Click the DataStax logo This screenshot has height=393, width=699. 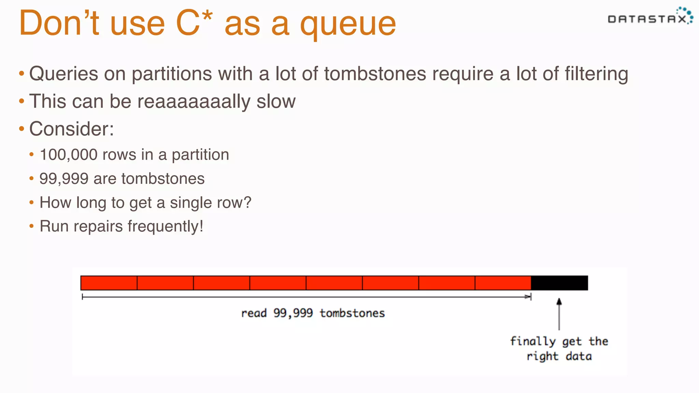[x=650, y=17]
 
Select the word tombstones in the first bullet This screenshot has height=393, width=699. [x=375, y=74]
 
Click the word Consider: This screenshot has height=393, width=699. [x=72, y=129]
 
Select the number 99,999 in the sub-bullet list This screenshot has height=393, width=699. [x=64, y=179]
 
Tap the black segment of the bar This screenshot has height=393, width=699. [x=559, y=283]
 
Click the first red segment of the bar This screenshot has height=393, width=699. [x=109, y=283]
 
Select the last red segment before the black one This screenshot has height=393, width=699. [x=503, y=283]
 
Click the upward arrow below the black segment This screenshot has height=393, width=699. [x=559, y=314]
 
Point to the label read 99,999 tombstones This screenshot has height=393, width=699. [x=313, y=313]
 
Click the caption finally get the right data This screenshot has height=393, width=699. [x=559, y=349]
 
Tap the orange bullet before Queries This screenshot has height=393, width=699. [x=22, y=73]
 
